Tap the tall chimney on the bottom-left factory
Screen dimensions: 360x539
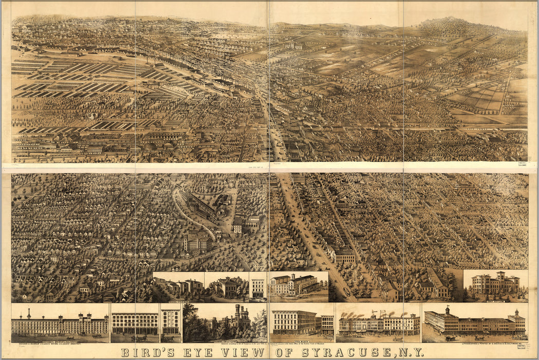[x=29, y=314]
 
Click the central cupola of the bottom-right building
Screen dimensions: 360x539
[x=448, y=311]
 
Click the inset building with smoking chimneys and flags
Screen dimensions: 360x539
[x=378, y=323]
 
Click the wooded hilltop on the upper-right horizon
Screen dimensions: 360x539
[x=452, y=23]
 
